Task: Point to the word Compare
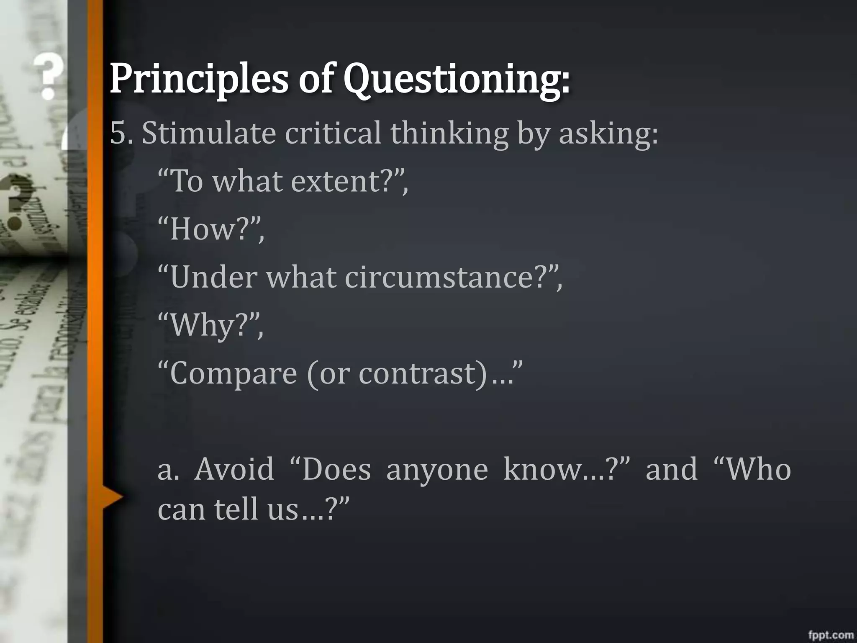(x=233, y=373)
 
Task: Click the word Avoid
(x=234, y=469)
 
